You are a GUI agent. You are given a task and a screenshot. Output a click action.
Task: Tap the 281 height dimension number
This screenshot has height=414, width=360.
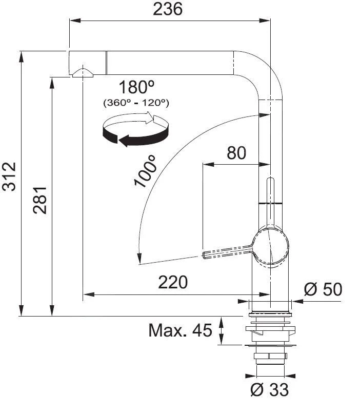click(42, 200)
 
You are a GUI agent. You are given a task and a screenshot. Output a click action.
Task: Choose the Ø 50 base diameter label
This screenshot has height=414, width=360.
click(323, 289)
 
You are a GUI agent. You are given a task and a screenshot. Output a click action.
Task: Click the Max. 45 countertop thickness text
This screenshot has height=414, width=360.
click(180, 330)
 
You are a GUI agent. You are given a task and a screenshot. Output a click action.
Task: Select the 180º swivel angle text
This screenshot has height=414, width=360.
click(136, 86)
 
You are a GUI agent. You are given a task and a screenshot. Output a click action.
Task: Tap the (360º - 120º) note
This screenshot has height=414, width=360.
click(136, 103)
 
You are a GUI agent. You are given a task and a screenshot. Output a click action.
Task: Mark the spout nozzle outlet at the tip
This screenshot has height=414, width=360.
click(83, 72)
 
